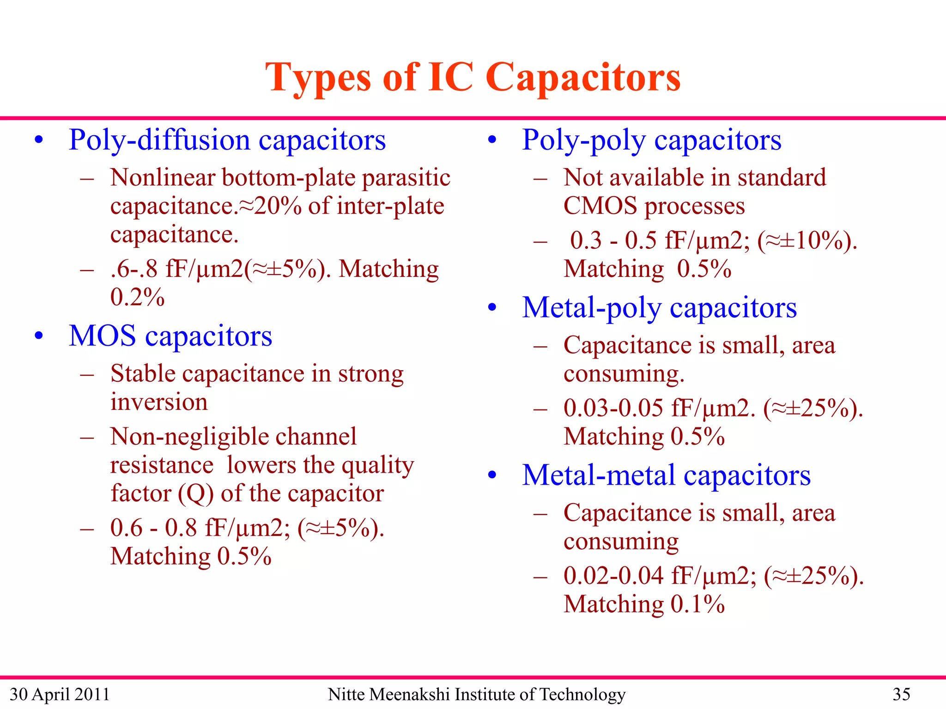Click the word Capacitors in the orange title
pyautogui.click(x=583, y=78)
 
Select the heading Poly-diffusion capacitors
pyautogui.click(x=227, y=140)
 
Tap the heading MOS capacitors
pyautogui.click(x=170, y=336)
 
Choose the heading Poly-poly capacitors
pyautogui.click(x=651, y=140)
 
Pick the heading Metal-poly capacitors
pyautogui.click(x=659, y=307)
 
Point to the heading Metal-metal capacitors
pyautogui.click(x=666, y=475)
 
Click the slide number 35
pyautogui.click(x=901, y=694)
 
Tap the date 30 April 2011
pyautogui.click(x=60, y=694)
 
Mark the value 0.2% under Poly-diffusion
pyautogui.click(x=137, y=297)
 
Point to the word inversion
pyautogui.click(x=159, y=402)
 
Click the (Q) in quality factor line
pyautogui.click(x=196, y=493)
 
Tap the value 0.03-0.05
pyautogui.click(x=613, y=408)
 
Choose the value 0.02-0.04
pyautogui.click(x=613, y=576)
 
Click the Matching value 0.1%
pyautogui.click(x=697, y=604)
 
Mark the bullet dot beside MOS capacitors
pyautogui.click(x=39, y=336)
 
